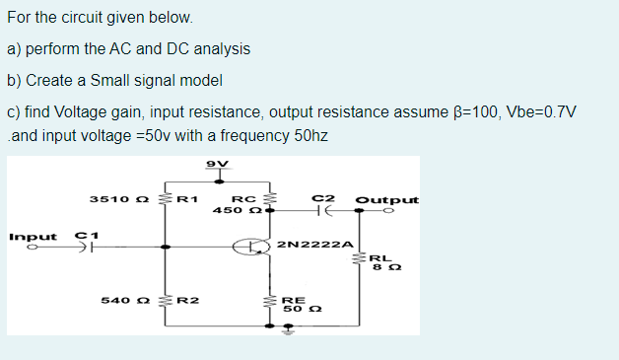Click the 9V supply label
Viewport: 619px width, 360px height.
[217, 162]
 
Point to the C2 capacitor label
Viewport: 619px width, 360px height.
[320, 198]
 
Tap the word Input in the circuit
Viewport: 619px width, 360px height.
[31, 237]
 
